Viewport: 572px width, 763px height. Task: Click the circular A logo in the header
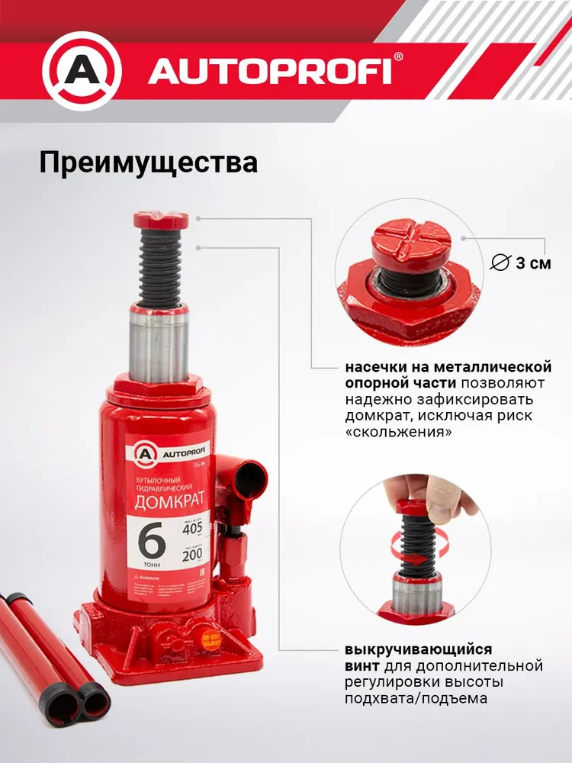tap(82, 70)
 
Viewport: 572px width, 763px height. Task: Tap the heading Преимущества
tap(148, 163)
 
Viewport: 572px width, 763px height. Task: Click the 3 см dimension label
tap(532, 264)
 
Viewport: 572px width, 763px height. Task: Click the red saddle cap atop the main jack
tap(160, 221)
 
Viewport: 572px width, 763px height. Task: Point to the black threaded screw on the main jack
tap(160, 267)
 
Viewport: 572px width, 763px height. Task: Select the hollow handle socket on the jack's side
tap(249, 474)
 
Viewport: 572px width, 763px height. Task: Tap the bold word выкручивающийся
tap(418, 649)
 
